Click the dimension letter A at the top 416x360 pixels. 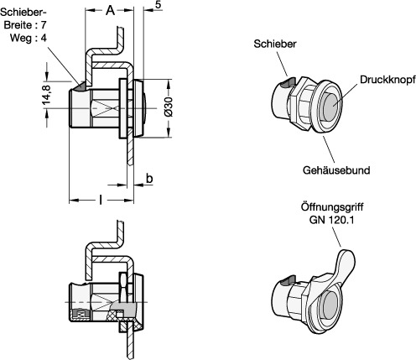pyautogui.click(x=111, y=10)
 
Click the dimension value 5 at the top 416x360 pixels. pyautogui.click(x=159, y=6)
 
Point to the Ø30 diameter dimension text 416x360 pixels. pyautogui.click(x=169, y=107)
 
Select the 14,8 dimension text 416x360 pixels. pyautogui.click(x=46, y=95)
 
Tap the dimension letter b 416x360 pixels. pyautogui.click(x=149, y=179)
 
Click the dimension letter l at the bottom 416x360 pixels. pyautogui.click(x=101, y=200)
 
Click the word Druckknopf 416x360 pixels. pyautogui.click(x=387, y=80)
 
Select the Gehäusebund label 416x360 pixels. pyautogui.click(x=336, y=170)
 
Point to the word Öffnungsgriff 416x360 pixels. pyautogui.click(x=332, y=207)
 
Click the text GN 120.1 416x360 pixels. pyautogui.click(x=331, y=220)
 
